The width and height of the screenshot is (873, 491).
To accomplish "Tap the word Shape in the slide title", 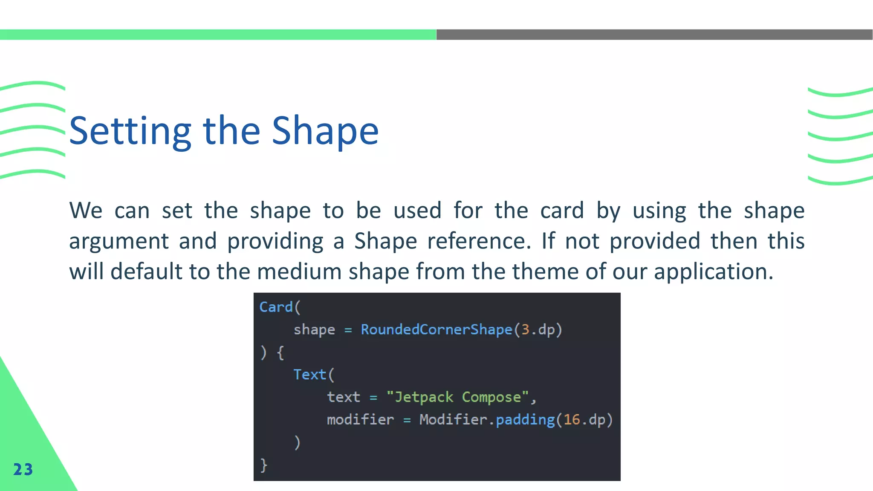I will pyautogui.click(x=325, y=131).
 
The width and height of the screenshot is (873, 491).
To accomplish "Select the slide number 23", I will pyautogui.click(x=23, y=469).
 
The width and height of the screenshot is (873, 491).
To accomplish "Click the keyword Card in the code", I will pyautogui.click(x=276, y=307).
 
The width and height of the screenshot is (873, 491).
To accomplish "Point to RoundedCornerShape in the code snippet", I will pyautogui.click(x=436, y=329).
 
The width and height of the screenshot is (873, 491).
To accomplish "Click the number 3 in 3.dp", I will pyautogui.click(x=525, y=329).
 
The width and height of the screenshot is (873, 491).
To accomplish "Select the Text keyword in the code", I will pyautogui.click(x=309, y=375).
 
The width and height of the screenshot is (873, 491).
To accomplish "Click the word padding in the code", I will pyautogui.click(x=525, y=420).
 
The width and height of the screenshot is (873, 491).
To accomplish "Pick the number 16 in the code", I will pyautogui.click(x=572, y=420).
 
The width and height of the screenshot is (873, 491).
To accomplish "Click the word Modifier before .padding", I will pyautogui.click(x=453, y=420).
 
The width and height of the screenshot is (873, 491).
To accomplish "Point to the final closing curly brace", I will pyautogui.click(x=264, y=465).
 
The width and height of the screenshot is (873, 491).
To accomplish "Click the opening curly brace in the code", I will pyautogui.click(x=280, y=352).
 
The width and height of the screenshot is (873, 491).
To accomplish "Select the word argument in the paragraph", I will pyautogui.click(x=119, y=242).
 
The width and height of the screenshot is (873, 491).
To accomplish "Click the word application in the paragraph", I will pyautogui.click(x=713, y=272).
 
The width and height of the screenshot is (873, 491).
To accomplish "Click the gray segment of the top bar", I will pyautogui.click(x=654, y=35).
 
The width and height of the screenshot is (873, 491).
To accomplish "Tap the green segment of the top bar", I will pyautogui.click(x=218, y=35).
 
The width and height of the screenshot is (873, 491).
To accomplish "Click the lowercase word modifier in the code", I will pyautogui.click(x=360, y=420).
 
